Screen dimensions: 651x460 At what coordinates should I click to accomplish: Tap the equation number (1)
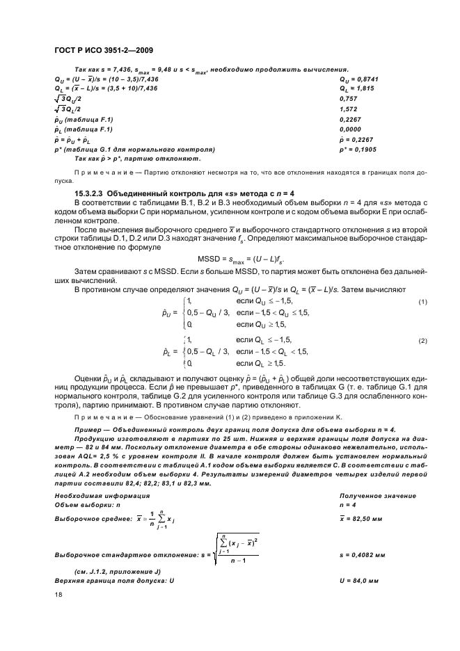point(422,303)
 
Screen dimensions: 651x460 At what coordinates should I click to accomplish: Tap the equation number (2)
point(422,341)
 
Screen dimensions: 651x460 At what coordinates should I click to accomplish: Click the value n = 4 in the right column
point(347,504)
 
